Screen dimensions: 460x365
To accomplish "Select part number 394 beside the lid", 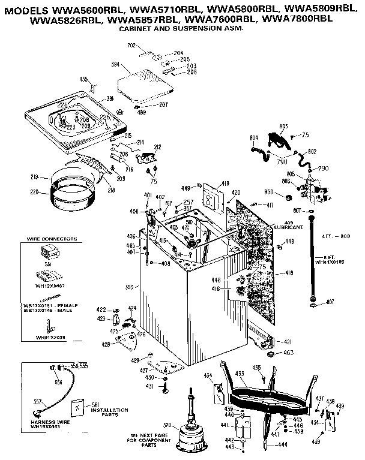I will coord(114,64).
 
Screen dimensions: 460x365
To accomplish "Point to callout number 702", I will coord(131,46).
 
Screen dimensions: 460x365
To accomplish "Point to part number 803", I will coord(283,125).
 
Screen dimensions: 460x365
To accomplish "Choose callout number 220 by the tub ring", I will coord(34,192).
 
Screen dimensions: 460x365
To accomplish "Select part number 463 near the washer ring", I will coord(288,353).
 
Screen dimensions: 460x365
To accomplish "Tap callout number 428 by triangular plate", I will coord(106,344).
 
